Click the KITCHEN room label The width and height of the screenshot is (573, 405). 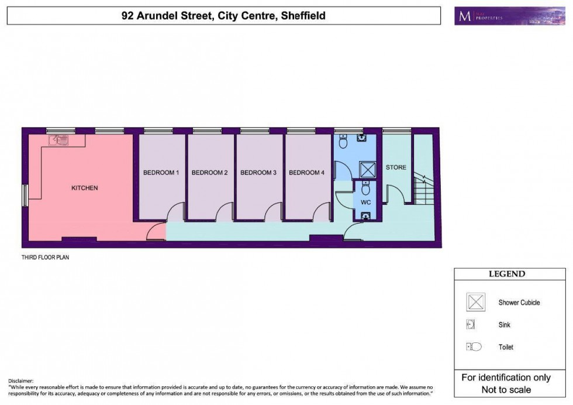coord(84,188)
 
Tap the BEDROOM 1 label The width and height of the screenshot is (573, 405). coord(161,173)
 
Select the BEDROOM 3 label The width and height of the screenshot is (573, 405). coord(258,173)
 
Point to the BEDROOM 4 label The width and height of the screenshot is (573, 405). coord(306,173)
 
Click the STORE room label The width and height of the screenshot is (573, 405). coord(396,167)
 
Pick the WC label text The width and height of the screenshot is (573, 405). coord(365,202)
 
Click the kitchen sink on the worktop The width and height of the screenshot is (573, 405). coord(60,140)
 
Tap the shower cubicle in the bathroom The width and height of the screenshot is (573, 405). coord(367,170)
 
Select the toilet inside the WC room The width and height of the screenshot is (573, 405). coord(365,188)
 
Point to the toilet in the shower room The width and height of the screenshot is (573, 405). coord(344,141)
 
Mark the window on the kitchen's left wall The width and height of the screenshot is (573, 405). coord(25,195)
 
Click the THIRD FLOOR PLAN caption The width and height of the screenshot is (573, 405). coord(46,257)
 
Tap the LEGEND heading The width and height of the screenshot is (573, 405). coord(506,274)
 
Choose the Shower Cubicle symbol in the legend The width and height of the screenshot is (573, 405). coord(475,303)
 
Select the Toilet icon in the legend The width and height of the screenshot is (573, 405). coord(474,347)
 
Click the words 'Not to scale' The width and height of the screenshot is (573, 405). coord(506,390)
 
